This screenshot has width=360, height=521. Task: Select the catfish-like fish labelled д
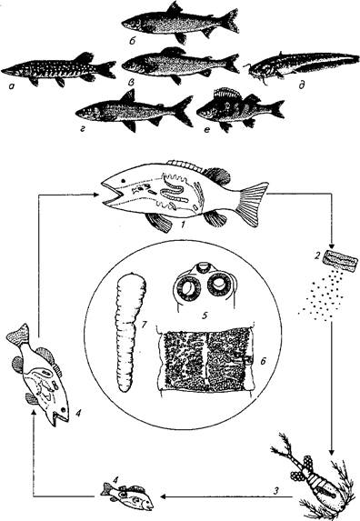pyautogui.click(x=302, y=65)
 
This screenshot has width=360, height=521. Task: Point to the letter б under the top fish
pyautogui.click(x=133, y=42)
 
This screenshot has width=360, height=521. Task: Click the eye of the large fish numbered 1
pyautogui.click(x=124, y=181)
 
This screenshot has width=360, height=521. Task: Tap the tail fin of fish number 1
pyautogui.click(x=253, y=204)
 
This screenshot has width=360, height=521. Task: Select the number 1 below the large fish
pyautogui.click(x=183, y=225)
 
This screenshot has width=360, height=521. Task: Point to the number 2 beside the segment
pyautogui.click(x=317, y=255)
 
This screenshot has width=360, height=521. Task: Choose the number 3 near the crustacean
pyautogui.click(x=275, y=490)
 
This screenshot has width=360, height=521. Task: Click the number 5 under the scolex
pyautogui.click(x=205, y=315)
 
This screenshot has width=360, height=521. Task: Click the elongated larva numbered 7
pyautogui.click(x=130, y=332)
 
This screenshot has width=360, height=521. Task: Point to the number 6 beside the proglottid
pyautogui.click(x=263, y=361)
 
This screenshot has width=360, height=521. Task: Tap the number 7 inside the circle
pyautogui.click(x=145, y=325)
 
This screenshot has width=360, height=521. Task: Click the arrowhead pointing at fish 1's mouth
pyautogui.click(x=96, y=195)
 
